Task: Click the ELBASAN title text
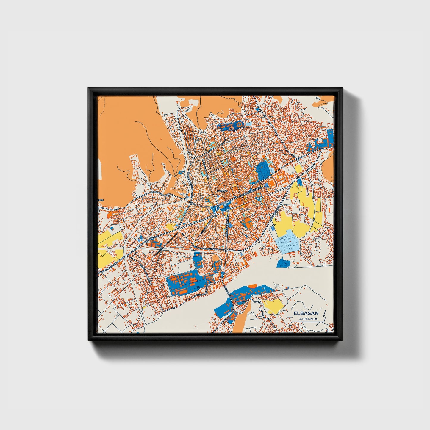pyautogui.click(x=306, y=313)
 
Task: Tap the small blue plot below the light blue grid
pyautogui.click(x=283, y=263)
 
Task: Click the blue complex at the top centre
pyautogui.click(x=231, y=126)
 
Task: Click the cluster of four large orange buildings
pyautogui.click(x=247, y=223)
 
